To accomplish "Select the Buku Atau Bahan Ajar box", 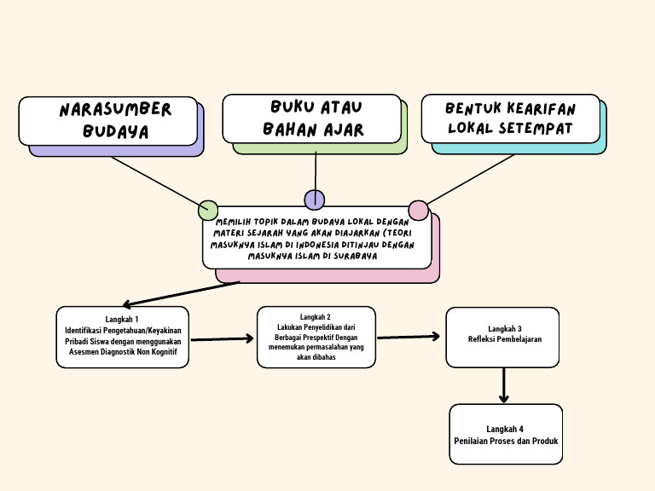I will click(x=311, y=118).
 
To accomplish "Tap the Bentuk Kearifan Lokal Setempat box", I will click(x=510, y=119).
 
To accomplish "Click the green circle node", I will click(x=208, y=210).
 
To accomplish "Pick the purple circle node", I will click(x=315, y=199).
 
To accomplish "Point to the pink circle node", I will click(x=418, y=210).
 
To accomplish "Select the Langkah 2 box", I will click(x=316, y=337).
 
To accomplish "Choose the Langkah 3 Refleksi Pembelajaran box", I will click(x=503, y=333).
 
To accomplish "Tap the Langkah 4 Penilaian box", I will click(x=505, y=434).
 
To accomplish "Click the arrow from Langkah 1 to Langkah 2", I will click(x=222, y=339).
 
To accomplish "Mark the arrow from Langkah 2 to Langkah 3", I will click(x=409, y=337).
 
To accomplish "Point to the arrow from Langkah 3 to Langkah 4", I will click(x=504, y=385).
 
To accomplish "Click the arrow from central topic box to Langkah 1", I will click(x=181, y=293).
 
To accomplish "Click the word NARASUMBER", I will click(x=116, y=110).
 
